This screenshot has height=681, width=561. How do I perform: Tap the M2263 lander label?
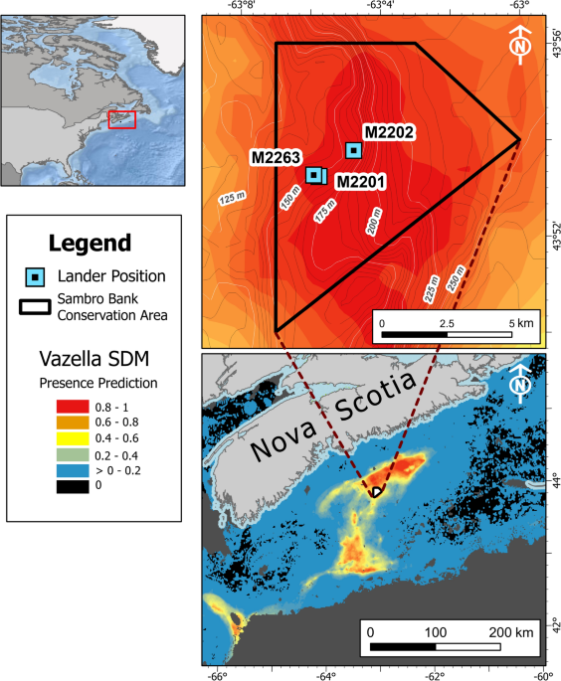coord(276,156)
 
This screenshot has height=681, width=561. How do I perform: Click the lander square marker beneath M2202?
coord(353,150)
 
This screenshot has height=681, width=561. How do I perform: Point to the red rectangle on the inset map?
coord(121,119)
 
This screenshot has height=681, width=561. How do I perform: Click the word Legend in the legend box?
coord(89,243)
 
